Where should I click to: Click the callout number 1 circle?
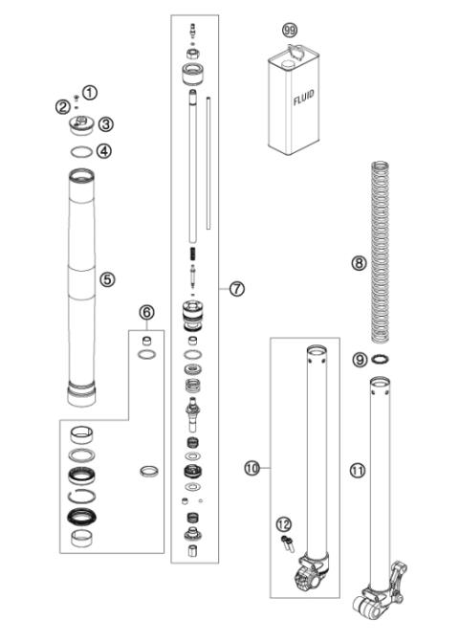pos(90,93)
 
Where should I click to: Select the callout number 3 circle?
pos(106,122)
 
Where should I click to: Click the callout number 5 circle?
pos(108,279)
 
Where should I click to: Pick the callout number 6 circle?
pos(146,312)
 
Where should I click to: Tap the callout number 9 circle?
pos(359,361)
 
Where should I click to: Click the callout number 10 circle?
pos(252,468)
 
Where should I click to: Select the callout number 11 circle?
pos(357,470)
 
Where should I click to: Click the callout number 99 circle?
pos(291,33)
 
